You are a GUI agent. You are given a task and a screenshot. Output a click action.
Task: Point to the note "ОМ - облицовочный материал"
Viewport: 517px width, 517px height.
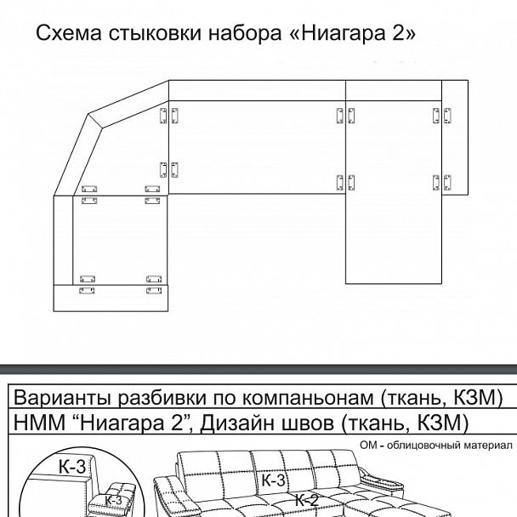tap(437, 446)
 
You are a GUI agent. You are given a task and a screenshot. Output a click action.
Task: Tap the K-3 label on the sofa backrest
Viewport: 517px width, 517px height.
tap(272, 481)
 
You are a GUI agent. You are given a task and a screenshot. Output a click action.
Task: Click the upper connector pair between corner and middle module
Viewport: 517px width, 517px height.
tap(168, 116)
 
